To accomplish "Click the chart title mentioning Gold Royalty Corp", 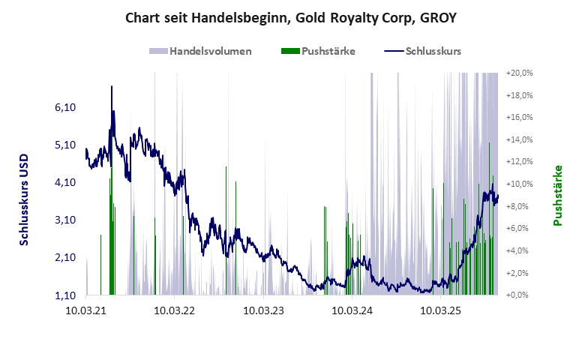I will click(x=289, y=17).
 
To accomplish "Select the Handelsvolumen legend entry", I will click(x=200, y=52).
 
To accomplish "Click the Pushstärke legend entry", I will click(x=318, y=52).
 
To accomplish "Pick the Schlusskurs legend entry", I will click(x=422, y=52).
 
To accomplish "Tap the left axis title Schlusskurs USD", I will click(x=24, y=200).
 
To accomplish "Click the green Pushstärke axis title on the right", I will click(x=557, y=195).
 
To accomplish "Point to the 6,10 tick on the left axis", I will click(x=66, y=108).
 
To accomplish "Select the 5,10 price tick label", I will click(x=66, y=145).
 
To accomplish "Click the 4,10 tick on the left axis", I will click(x=66, y=183).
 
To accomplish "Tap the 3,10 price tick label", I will click(x=66, y=220).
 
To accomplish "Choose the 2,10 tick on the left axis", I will click(x=66, y=258).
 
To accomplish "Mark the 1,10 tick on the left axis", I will click(x=66, y=295).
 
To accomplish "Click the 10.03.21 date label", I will click(x=86, y=309).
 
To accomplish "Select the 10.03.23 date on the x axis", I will click(x=264, y=309).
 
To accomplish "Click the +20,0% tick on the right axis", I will click(x=519, y=73).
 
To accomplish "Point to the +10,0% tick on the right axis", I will click(x=519, y=184).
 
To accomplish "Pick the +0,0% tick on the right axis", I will click(x=519, y=295).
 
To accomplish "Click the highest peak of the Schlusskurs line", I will click(x=112, y=86).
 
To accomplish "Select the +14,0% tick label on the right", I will click(x=519, y=140).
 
